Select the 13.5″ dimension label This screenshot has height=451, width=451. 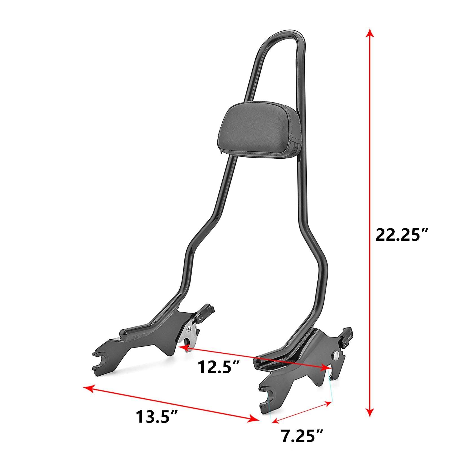157,417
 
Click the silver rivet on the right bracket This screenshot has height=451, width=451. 336,355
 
